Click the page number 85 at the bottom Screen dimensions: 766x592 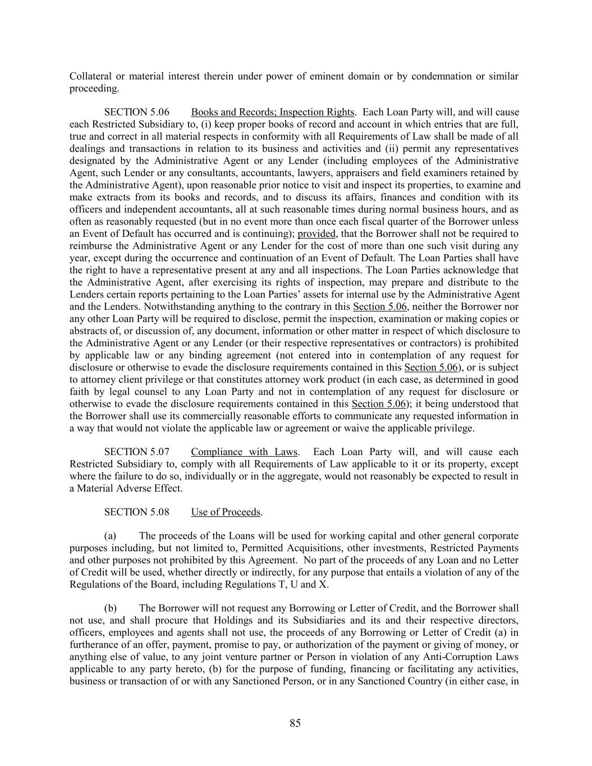coord(295,723)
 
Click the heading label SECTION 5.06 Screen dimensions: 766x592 coord(137,112)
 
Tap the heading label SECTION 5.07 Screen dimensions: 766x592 coord(137,452)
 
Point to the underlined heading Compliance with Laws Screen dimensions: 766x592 coord(245,452)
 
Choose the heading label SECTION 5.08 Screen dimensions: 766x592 coord(137,512)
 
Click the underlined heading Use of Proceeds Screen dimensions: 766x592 coord(226,512)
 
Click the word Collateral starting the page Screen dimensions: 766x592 coord(90,76)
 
